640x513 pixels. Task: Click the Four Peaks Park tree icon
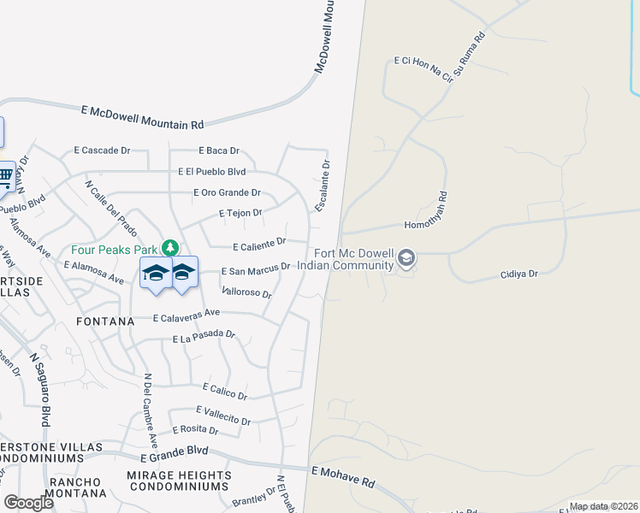(171, 249)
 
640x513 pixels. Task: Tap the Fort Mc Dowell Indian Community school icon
(406, 257)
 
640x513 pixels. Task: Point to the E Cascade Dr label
(102, 150)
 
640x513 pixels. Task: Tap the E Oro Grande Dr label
(227, 192)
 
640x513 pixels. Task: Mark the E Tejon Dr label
(240, 212)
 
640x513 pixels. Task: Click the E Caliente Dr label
(259, 245)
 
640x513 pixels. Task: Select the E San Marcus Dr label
(256, 270)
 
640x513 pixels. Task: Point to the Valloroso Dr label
(246, 292)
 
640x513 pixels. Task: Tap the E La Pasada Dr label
(204, 337)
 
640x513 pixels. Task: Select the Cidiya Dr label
(519, 274)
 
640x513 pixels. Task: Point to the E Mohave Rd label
(342, 476)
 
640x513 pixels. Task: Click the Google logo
(28, 502)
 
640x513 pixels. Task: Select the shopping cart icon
(6, 177)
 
